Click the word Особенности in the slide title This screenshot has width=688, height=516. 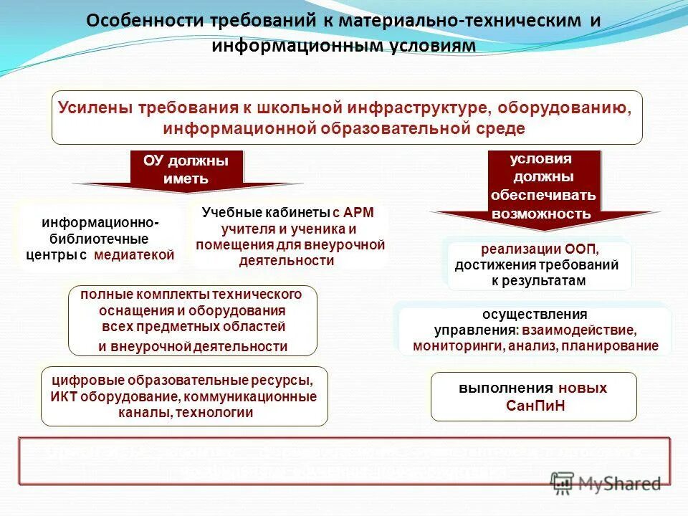[136, 21]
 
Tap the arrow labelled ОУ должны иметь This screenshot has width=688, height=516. [186, 172]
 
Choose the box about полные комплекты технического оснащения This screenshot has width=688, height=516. [192, 320]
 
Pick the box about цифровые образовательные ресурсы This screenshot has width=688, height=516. [183, 396]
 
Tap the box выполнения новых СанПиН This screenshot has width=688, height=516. [532, 396]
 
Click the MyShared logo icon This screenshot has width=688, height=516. [563, 484]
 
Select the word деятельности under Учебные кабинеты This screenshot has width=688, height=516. [286, 261]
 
